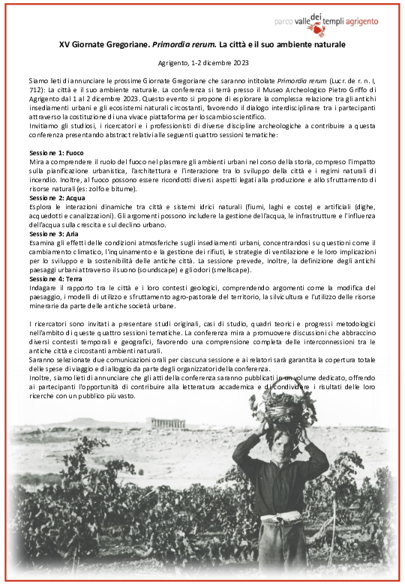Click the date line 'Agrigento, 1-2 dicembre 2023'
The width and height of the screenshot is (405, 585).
202,62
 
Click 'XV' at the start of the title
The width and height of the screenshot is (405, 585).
64,44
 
